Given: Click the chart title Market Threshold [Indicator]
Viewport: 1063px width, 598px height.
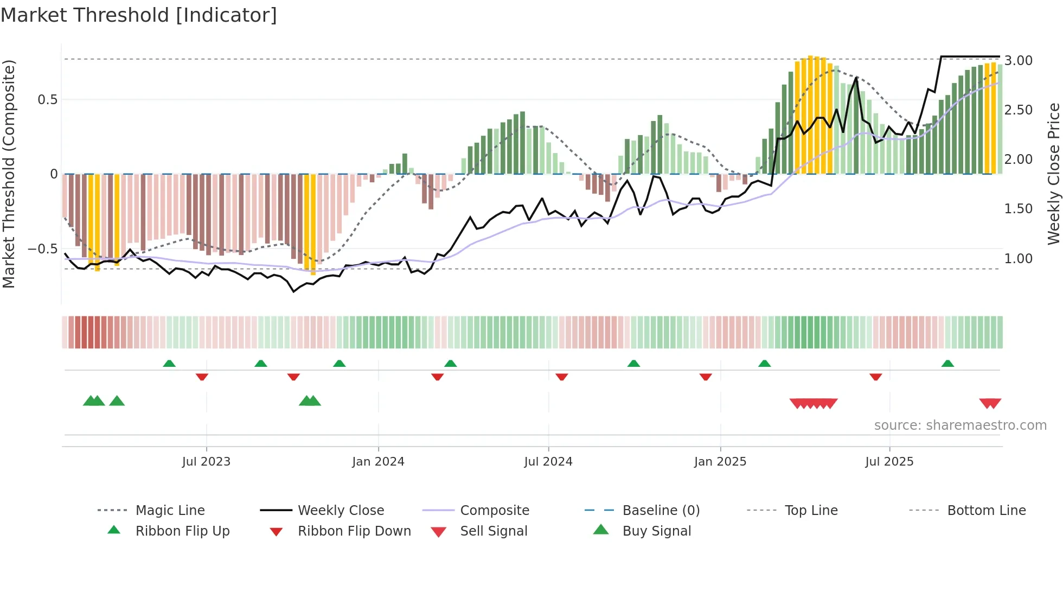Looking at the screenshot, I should (139, 15).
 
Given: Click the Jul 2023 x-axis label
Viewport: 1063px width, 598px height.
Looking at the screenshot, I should (206, 462).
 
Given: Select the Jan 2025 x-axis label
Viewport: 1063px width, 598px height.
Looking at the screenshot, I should (720, 462).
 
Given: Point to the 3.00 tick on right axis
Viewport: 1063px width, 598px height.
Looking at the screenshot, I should (1018, 61).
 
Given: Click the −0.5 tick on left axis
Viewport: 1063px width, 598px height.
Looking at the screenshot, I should (43, 249).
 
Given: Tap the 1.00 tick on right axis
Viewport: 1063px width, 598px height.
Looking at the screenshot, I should (1018, 259).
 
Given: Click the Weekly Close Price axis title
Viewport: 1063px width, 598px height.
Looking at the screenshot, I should (1053, 174).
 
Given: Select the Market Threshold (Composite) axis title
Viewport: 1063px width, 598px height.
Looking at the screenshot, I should (9, 174).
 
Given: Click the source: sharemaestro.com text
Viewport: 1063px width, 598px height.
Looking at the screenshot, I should (960, 425).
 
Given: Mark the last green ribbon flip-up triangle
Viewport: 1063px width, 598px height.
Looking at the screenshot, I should (947, 364).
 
